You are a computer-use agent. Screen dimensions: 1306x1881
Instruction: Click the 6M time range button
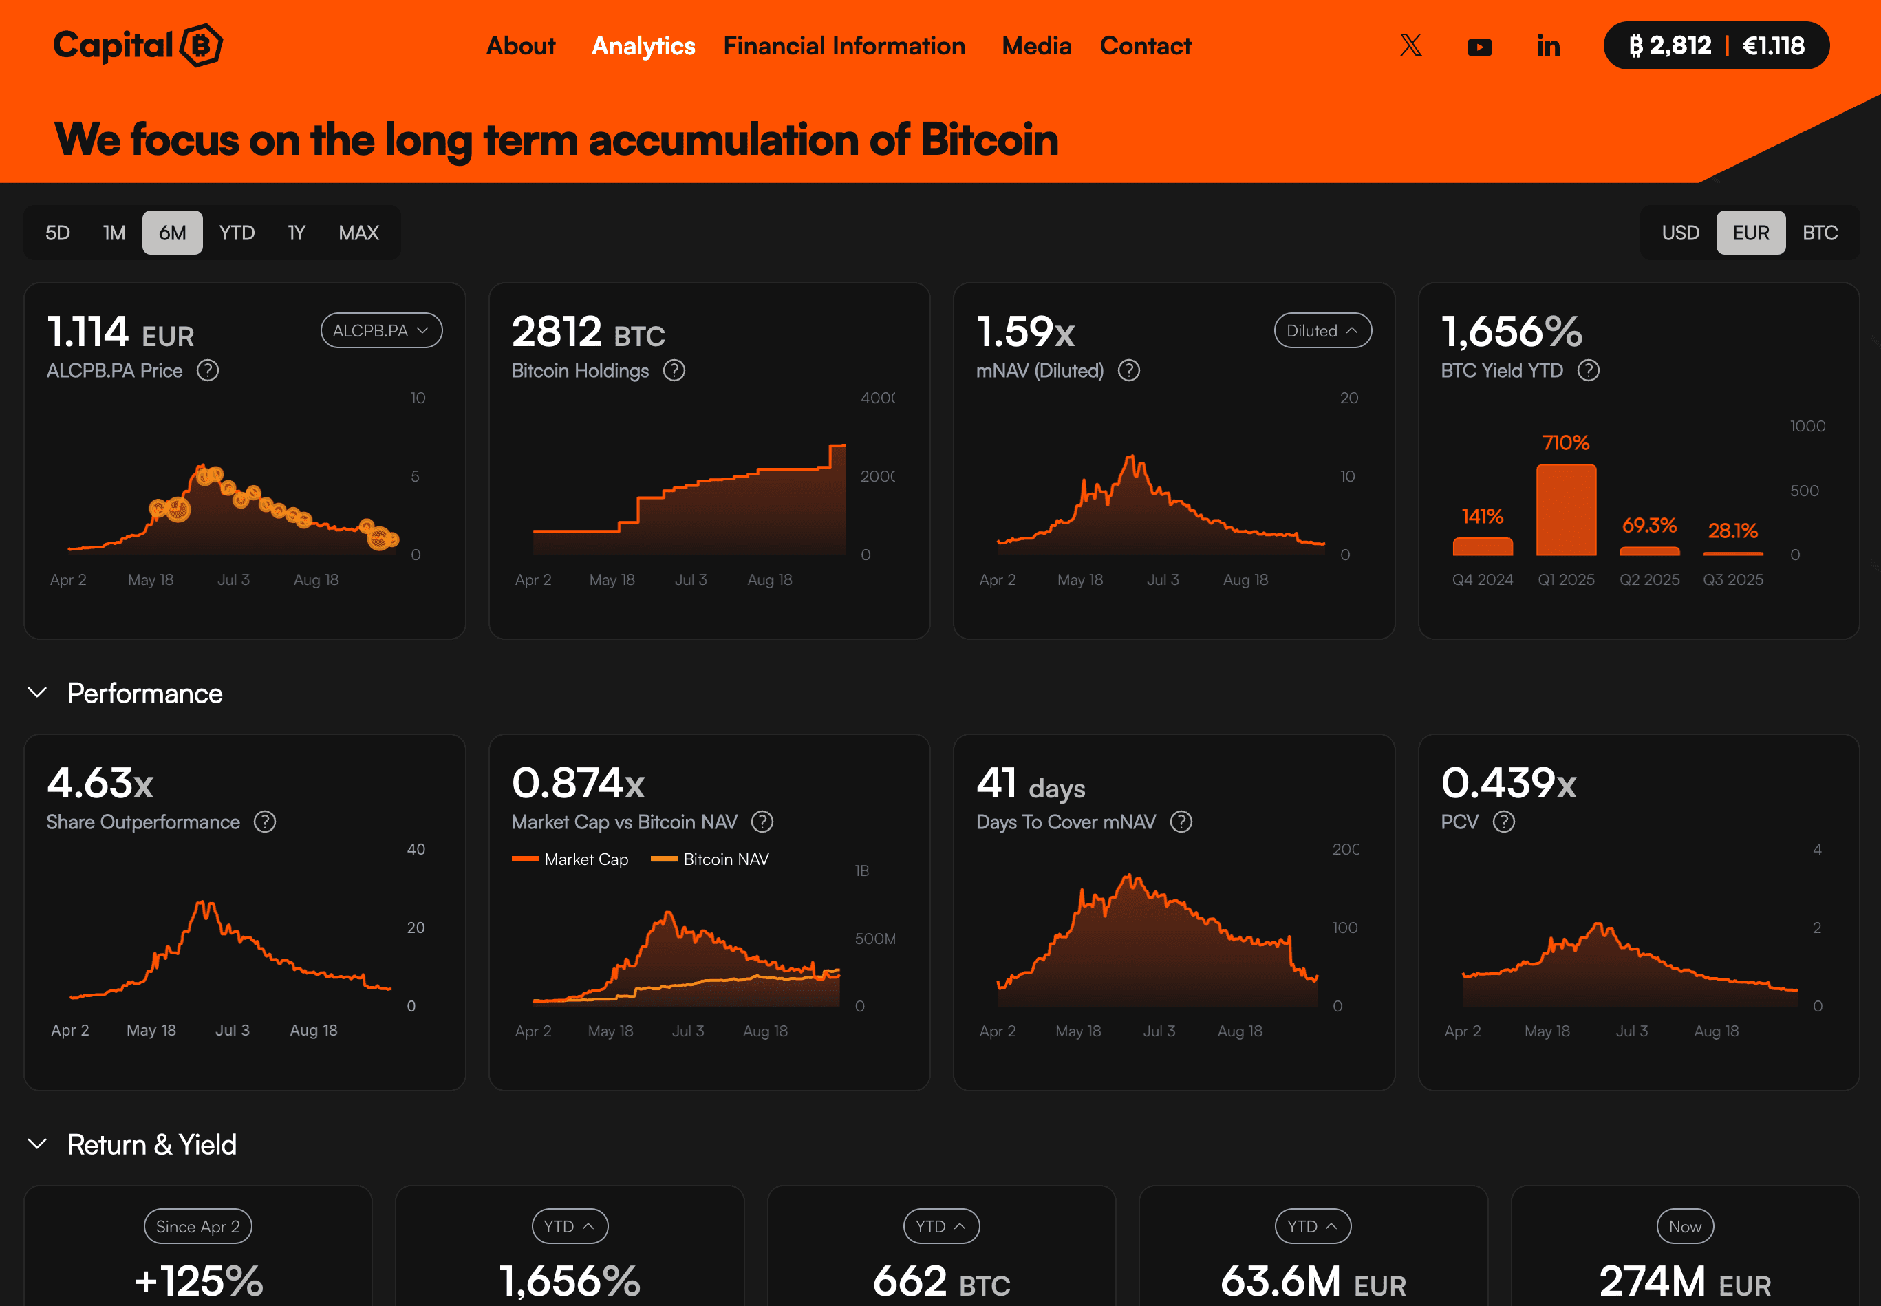172,233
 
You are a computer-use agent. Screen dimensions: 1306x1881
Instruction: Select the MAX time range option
358,233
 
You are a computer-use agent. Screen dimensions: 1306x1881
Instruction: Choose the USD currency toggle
1679,233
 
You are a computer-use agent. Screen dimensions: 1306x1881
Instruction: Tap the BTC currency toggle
1820,233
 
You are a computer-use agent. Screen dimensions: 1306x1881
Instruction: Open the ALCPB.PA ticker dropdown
380,330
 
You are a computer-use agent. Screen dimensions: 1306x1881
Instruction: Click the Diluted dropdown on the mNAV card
1322,330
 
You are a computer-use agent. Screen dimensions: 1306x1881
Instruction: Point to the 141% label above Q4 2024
1482,516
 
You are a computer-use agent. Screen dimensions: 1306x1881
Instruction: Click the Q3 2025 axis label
1732,579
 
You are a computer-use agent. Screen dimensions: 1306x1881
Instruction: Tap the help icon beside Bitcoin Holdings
674,371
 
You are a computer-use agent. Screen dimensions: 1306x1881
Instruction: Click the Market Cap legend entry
570,859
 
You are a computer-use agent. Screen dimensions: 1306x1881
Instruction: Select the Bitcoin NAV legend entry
709,859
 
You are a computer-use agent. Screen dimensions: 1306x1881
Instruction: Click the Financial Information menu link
843,46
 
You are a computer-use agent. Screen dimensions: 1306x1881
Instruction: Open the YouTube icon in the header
1479,47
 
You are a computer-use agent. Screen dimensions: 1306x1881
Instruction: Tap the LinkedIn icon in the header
1547,46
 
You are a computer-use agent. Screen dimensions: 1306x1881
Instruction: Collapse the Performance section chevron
38,692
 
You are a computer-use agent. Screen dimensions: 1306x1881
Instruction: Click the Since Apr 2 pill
197,1225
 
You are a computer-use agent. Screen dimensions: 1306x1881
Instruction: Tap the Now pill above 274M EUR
1684,1225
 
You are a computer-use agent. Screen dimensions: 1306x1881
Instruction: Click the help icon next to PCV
1503,822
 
